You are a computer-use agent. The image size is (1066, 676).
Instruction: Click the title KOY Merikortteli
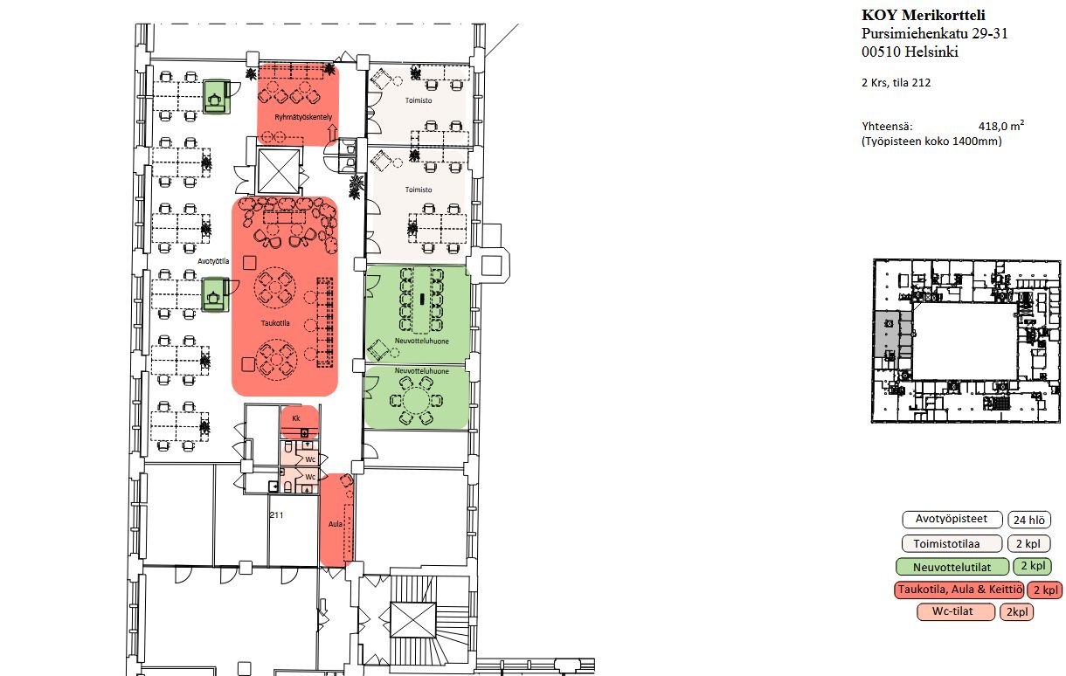pyautogui.click(x=924, y=15)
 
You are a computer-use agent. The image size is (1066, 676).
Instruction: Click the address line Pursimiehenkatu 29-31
pyautogui.click(x=934, y=33)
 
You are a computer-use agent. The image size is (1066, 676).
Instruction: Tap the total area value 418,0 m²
pyautogui.click(x=1000, y=126)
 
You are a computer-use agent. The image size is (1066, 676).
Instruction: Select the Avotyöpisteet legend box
pyautogui.click(x=952, y=519)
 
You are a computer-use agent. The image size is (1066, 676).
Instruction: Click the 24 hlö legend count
pyautogui.click(x=1029, y=520)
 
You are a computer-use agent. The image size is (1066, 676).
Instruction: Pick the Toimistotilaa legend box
pyautogui.click(x=952, y=544)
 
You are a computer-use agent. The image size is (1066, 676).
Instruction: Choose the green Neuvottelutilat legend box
pyautogui.click(x=952, y=567)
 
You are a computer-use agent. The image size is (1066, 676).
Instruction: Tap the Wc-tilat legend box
pyautogui.click(x=956, y=611)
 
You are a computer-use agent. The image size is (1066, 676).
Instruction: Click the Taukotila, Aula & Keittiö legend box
pyautogui.click(x=959, y=590)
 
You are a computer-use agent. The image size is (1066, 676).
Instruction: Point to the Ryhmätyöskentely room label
pyautogui.click(x=303, y=117)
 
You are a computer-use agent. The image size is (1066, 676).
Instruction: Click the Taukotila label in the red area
pyautogui.click(x=275, y=323)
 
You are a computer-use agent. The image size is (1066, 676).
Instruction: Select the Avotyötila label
pyautogui.click(x=213, y=261)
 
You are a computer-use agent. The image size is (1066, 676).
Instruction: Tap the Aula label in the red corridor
pyautogui.click(x=335, y=524)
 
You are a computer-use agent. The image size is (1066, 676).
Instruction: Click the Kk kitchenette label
pyautogui.click(x=296, y=418)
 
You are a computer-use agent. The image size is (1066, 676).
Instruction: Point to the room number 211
pyautogui.click(x=276, y=514)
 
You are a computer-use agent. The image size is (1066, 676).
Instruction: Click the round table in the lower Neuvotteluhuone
pyautogui.click(x=416, y=401)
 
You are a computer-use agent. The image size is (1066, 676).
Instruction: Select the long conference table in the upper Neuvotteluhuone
pyautogui.click(x=422, y=300)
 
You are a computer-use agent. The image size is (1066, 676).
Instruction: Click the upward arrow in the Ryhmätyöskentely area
pyautogui.click(x=332, y=134)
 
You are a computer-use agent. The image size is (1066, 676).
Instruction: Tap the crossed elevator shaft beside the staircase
pyautogui.click(x=412, y=620)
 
